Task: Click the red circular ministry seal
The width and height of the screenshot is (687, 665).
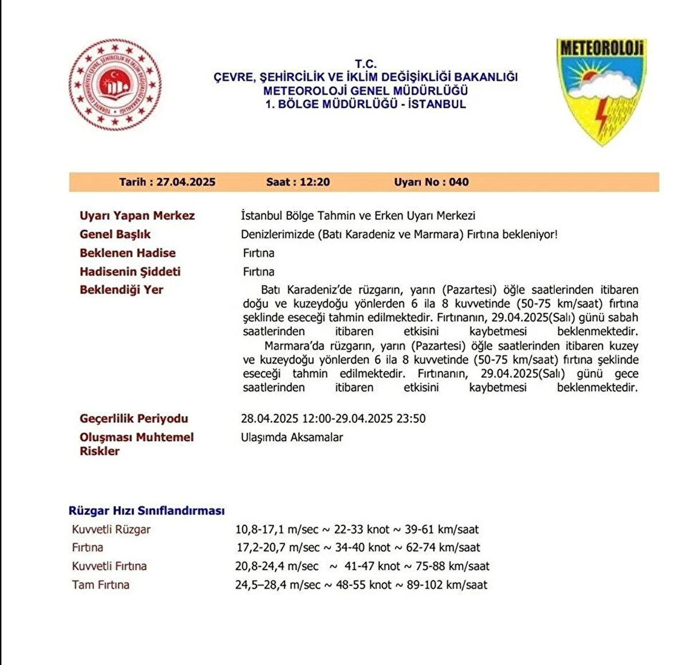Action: [115, 85]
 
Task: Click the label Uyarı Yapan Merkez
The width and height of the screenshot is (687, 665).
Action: [137, 216]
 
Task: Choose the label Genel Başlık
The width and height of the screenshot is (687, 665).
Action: [115, 234]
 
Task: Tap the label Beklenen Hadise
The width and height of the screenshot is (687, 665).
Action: [128, 253]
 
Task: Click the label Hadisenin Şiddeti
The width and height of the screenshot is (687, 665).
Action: [130, 271]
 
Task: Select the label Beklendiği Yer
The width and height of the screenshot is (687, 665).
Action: [121, 290]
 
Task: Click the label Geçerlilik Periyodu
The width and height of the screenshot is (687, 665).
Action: [133, 418]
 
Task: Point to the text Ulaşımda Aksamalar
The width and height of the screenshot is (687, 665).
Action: [292, 437]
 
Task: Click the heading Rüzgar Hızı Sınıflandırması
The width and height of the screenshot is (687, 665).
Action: [147, 510]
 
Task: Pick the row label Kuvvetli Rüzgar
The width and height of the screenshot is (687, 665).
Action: [111, 529]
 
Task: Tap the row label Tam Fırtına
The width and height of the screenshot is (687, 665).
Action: [101, 585]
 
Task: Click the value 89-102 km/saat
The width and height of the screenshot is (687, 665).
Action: [447, 585]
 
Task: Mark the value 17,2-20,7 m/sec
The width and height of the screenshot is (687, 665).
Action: [278, 548]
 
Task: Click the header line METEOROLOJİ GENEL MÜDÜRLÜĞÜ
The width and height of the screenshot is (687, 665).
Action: [365, 90]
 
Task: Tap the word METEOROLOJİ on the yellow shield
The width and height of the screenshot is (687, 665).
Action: [601, 48]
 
